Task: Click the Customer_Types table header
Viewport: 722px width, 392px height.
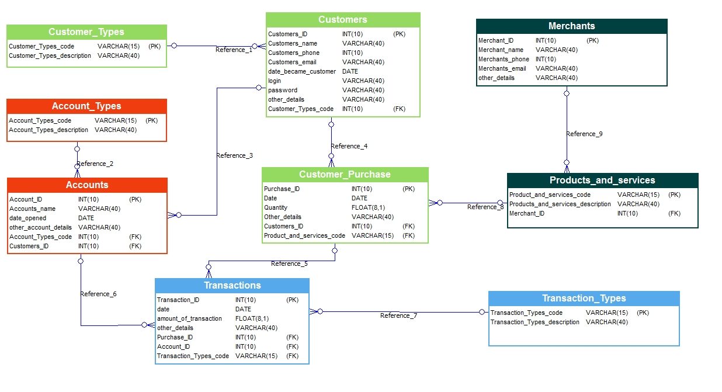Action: pyautogui.click(x=86, y=32)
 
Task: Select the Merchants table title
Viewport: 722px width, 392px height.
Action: pyautogui.click(x=571, y=26)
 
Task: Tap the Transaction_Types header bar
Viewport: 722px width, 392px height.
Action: pyautogui.click(x=584, y=298)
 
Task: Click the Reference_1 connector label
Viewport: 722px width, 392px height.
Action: pyautogui.click(x=234, y=50)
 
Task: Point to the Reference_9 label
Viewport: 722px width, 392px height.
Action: pyautogui.click(x=584, y=134)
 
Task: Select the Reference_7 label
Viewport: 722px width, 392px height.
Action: pyautogui.click(x=398, y=315)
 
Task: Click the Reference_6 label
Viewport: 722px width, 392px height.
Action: pyautogui.click(x=98, y=294)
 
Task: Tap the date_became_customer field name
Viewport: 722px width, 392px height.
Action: pyautogui.click(x=301, y=71)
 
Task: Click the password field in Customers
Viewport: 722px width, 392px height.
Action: pyautogui.click(x=283, y=90)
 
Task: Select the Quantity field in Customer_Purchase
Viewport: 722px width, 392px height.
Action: pyautogui.click(x=276, y=207)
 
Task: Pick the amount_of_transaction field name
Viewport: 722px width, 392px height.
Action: pyautogui.click(x=189, y=318)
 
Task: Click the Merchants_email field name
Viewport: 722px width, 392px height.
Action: pyautogui.click(x=502, y=68)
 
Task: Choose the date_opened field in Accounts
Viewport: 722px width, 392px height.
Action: pyautogui.click(x=27, y=218)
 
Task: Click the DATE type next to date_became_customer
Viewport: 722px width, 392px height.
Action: pyautogui.click(x=350, y=71)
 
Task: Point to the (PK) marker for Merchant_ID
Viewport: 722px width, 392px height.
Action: pyautogui.click(x=592, y=40)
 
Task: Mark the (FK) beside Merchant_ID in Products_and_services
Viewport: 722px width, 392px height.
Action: pyautogui.click(x=674, y=213)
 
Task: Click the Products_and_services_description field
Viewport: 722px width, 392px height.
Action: pyautogui.click(x=560, y=204)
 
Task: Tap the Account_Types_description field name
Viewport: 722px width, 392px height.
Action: pyautogui.click(x=48, y=130)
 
